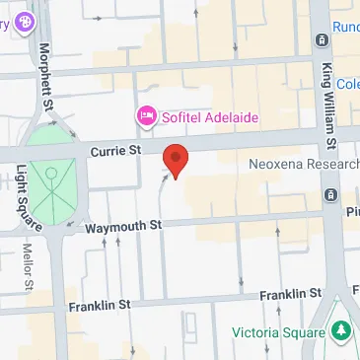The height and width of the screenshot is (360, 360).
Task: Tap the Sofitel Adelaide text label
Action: (x=210, y=117)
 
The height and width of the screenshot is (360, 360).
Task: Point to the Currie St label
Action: (x=116, y=150)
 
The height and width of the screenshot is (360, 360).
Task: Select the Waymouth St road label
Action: (x=122, y=226)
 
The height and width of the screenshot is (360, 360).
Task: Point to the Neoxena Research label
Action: (x=305, y=165)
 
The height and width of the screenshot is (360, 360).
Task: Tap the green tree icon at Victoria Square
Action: (x=341, y=332)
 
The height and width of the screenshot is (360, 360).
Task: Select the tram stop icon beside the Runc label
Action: (x=323, y=39)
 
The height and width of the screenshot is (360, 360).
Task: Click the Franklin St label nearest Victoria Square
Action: (x=290, y=295)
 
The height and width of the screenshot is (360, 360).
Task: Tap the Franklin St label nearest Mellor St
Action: (x=100, y=307)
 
